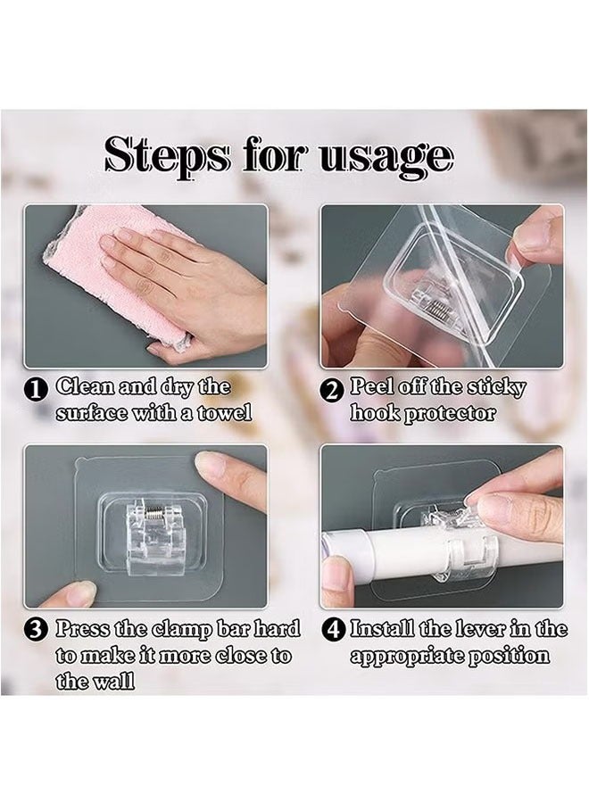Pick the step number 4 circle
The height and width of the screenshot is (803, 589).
333,629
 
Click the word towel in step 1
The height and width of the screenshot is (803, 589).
226,412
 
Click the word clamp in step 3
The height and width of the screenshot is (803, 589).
182,629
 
